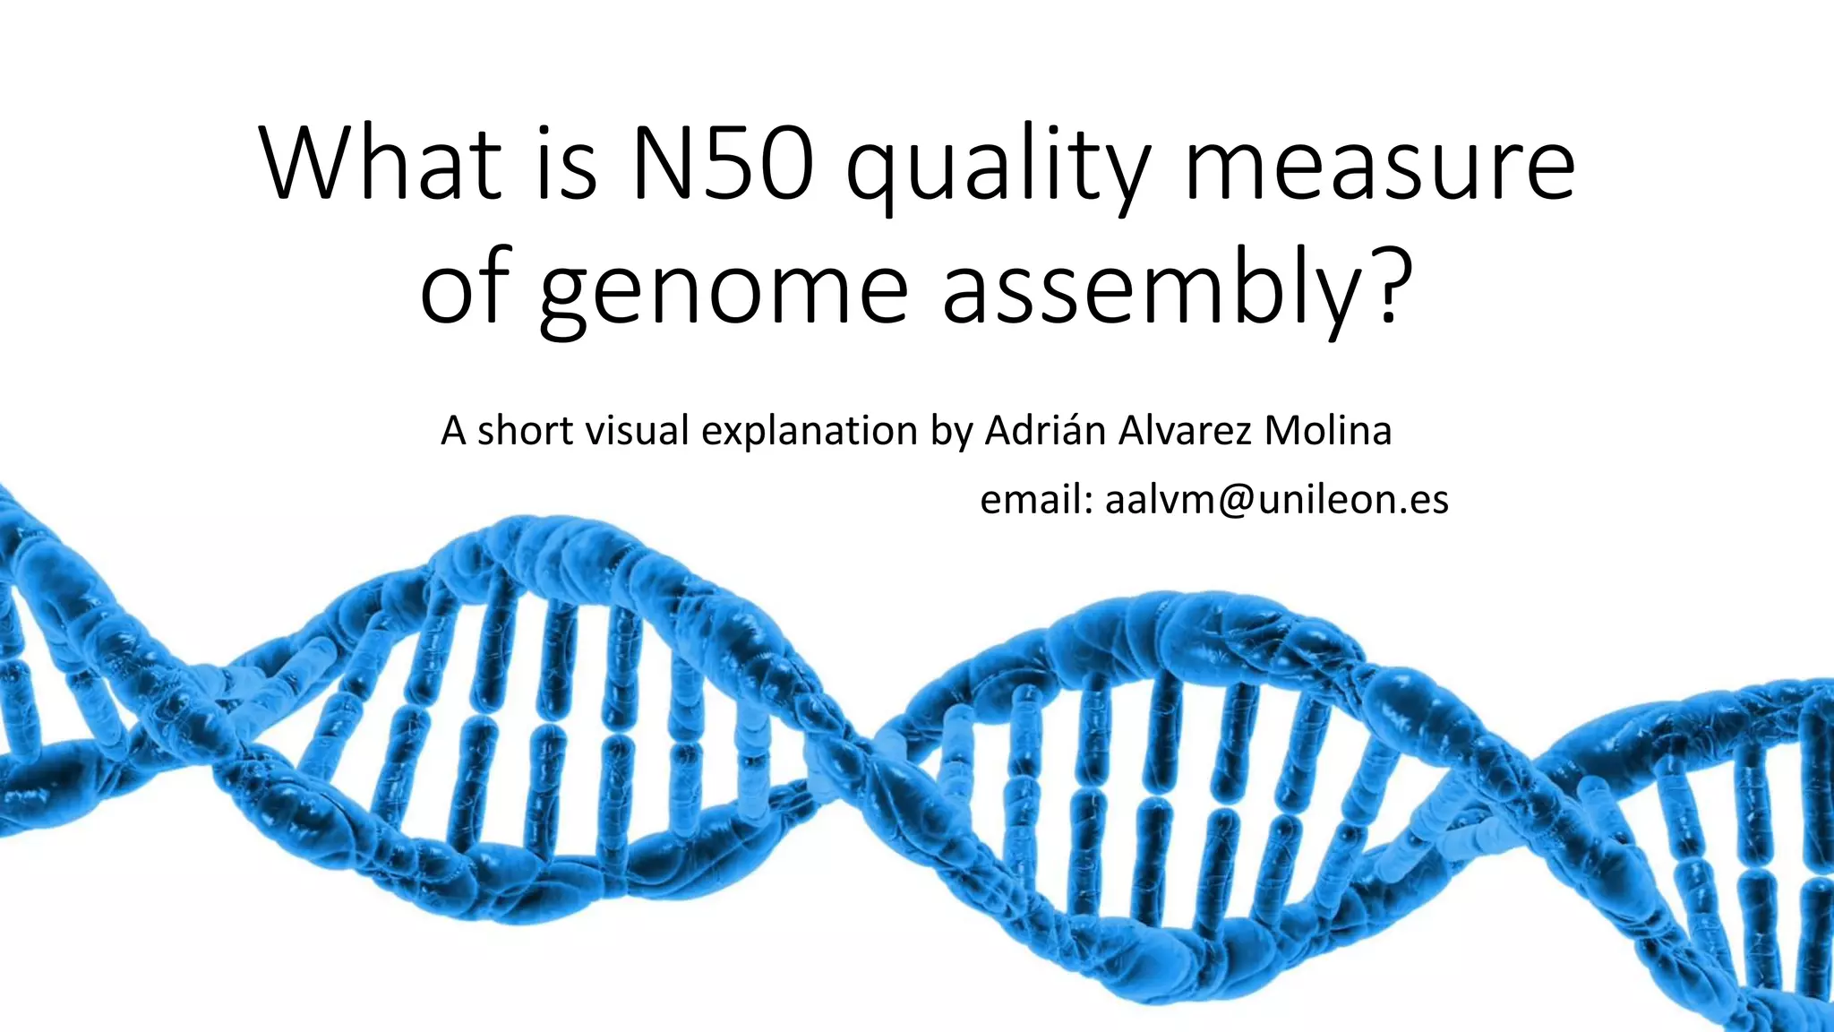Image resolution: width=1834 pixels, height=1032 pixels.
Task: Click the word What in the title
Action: pos(381,166)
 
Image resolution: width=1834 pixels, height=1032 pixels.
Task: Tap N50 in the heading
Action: pos(722,166)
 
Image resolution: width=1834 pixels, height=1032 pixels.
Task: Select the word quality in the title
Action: pos(997,170)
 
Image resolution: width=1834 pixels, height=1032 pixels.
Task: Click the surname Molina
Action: pos(1328,431)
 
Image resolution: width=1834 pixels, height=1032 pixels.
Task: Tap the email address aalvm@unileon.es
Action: pos(1276,500)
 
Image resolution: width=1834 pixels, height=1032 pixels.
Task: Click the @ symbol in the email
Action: pos(1235,500)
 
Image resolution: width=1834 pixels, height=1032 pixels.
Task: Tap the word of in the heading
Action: pos(465,291)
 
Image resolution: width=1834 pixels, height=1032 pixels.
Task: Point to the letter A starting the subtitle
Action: pos(454,431)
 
